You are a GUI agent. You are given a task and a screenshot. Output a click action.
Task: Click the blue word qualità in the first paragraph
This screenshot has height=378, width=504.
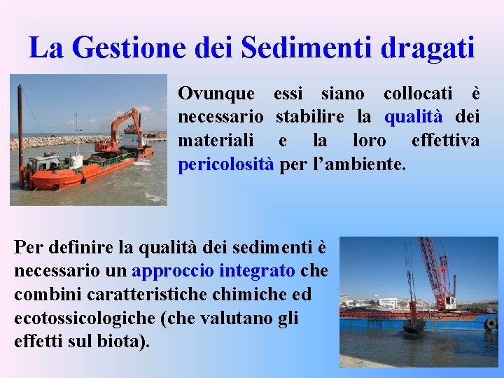pos(414,116)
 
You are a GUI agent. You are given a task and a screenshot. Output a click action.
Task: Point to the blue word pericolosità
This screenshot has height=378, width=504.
pos(225,165)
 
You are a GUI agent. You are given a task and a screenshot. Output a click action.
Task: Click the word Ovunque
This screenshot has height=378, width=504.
pos(217,92)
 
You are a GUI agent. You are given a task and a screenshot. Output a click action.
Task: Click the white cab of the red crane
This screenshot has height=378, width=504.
pos(448,302)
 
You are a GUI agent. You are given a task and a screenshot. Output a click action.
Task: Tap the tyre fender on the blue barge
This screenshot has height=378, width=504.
pos(491,324)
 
